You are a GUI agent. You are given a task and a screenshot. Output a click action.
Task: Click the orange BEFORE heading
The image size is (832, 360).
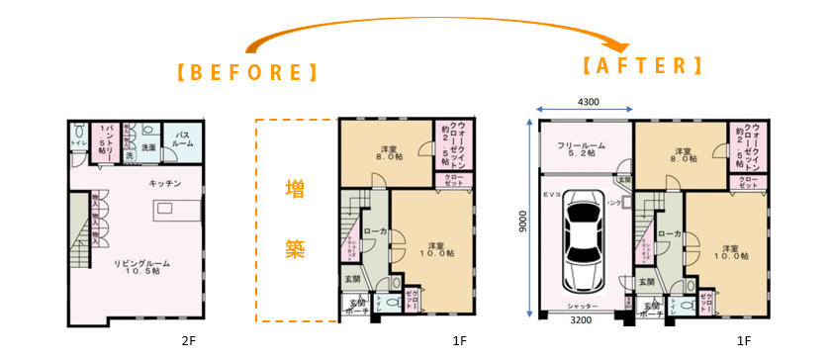tap(246, 72)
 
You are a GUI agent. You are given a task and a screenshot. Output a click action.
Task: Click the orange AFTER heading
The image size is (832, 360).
tap(641, 66)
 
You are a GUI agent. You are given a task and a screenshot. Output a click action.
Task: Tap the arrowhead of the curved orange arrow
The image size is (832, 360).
tap(621, 45)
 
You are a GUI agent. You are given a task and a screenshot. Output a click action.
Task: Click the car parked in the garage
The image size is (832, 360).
tap(584, 242)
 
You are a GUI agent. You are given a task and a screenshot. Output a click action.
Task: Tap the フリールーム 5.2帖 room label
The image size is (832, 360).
tap(583, 149)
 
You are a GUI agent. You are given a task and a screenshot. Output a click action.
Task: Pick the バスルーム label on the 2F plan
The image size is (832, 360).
tap(184, 136)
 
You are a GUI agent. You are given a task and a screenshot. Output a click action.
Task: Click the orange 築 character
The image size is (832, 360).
tap(295, 245)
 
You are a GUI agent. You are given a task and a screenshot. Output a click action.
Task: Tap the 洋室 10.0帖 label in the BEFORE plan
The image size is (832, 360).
tap(432, 249)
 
